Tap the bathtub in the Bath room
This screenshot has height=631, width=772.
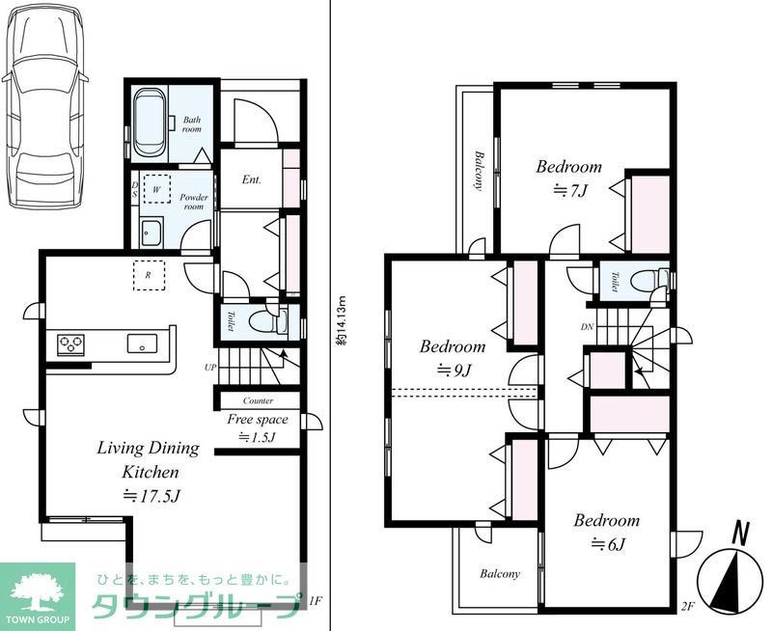[x=151, y=123]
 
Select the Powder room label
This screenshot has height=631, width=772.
[x=194, y=202]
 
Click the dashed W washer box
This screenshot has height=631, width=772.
[x=157, y=189]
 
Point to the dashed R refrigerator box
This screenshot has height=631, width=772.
[x=149, y=275]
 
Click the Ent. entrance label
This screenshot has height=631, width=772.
[x=252, y=179]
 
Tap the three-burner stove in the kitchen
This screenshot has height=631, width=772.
[x=70, y=344]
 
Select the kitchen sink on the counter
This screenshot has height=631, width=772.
[x=142, y=343]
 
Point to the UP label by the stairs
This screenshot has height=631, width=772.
[x=210, y=368]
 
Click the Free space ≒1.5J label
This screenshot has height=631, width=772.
[x=257, y=427]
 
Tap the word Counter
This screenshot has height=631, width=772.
[x=258, y=400]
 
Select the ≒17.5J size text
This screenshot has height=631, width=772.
[x=151, y=495]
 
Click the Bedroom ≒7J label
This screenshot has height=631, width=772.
[x=569, y=178]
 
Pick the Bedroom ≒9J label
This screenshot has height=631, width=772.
[x=453, y=357]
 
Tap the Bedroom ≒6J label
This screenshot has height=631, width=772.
[x=607, y=532]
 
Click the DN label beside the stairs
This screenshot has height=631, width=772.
[x=587, y=327]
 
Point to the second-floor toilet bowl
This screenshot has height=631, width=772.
[x=646, y=281]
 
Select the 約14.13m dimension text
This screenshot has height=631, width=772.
[x=342, y=321]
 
